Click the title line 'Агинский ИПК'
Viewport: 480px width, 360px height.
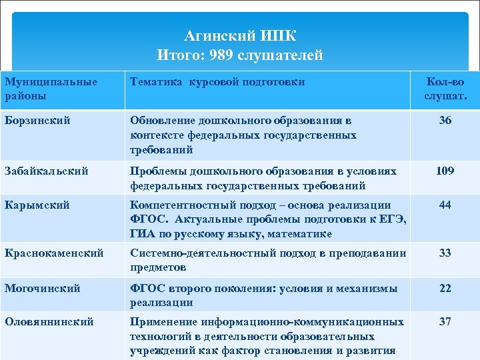coord(240,35)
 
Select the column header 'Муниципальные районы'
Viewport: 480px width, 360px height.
coord(51,89)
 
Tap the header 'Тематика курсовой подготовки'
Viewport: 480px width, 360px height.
coord(217,82)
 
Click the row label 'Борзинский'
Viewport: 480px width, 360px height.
coord(37,121)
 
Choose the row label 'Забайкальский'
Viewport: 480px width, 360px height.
coord(46,171)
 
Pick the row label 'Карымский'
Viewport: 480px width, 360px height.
coord(37,205)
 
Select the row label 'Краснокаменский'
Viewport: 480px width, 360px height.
coord(54,253)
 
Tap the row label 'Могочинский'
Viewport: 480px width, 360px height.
coord(42,289)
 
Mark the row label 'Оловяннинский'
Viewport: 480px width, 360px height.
coord(49,322)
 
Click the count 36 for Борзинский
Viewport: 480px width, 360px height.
coord(445,121)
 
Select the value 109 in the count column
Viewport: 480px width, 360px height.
coord(445,171)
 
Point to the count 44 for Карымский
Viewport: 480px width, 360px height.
coord(445,205)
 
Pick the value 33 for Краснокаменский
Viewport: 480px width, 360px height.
coord(445,253)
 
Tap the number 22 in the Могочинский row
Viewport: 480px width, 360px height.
coord(445,289)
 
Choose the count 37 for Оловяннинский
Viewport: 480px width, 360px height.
coord(445,322)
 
